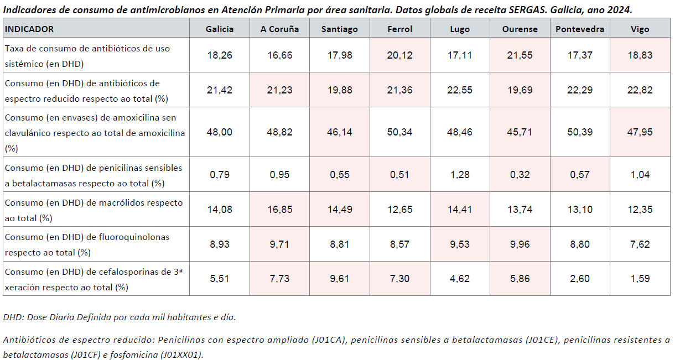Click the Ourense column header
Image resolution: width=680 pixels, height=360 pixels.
(520, 29)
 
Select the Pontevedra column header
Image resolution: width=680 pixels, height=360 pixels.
(580, 29)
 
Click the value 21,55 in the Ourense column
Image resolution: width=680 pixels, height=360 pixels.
(520, 55)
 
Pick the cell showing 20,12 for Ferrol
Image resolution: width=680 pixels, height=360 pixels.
(399, 55)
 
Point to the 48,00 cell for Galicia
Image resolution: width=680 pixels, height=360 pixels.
(220, 133)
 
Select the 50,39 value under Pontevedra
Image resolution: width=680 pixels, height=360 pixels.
(580, 133)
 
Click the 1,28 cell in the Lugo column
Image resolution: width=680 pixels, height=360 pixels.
(459, 175)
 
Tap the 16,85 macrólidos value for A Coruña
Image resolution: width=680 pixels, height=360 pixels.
(280, 210)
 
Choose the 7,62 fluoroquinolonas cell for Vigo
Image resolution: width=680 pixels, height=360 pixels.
(640, 244)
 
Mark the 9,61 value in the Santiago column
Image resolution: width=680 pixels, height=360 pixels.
(339, 279)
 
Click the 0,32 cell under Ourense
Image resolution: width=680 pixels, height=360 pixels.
(520, 175)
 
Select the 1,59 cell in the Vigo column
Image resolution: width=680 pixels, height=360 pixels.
(640, 279)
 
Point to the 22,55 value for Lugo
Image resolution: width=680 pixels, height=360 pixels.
(459, 90)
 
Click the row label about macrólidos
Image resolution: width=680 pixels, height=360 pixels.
(94, 210)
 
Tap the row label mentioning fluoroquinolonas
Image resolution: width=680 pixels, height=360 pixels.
(87, 244)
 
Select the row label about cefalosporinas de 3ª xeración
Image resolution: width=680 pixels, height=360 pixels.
(95, 279)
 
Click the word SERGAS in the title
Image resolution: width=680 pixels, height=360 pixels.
(501, 10)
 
